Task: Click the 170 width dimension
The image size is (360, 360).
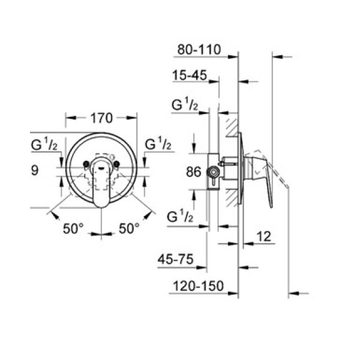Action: [x=101, y=118]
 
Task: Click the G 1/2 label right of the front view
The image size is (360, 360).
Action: [x=158, y=145]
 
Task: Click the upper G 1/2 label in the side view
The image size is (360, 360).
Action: [x=185, y=104]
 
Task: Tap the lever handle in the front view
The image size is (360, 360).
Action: [x=101, y=183]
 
